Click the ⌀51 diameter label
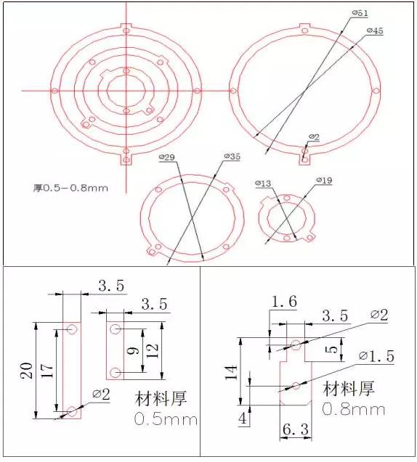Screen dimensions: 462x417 pyautogui.click(x=359, y=14)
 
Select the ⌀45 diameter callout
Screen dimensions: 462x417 pyautogui.click(x=375, y=31)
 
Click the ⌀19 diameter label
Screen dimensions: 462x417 pyautogui.click(x=324, y=180)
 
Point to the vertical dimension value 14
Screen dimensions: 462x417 pyautogui.click(x=232, y=373)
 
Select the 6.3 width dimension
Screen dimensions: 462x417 pyautogui.click(x=295, y=431)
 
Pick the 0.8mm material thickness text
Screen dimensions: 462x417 pyautogui.click(x=354, y=409)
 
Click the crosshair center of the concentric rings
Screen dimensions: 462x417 pyautogui.click(x=126, y=90)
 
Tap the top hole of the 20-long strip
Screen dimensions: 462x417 pyautogui.click(x=71, y=330)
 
